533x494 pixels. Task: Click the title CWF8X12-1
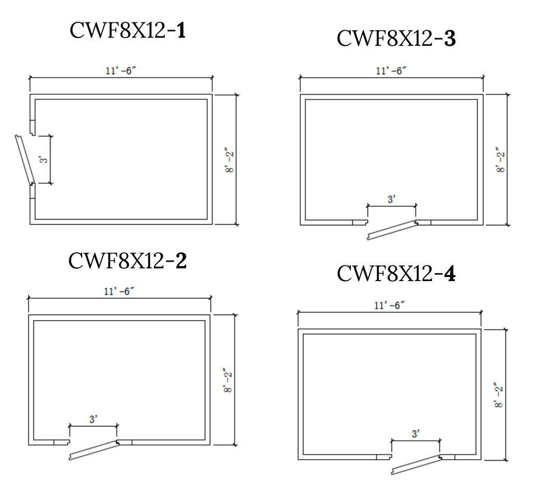pos(128,30)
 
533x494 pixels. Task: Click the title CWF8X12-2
pos(128,261)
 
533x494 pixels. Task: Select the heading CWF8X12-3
pos(396,38)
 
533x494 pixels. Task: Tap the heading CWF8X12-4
pos(396,273)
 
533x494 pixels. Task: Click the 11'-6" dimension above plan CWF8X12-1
pos(121,71)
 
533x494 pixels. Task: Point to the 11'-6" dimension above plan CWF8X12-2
pos(119,292)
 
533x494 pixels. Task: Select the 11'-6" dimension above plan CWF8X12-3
pos(391,71)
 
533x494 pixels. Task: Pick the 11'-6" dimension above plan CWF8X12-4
pos(389,306)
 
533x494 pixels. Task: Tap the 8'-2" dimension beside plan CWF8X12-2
pos(228,381)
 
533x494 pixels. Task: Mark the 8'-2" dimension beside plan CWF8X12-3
pos(500,160)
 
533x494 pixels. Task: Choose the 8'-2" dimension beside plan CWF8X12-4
pos(499,396)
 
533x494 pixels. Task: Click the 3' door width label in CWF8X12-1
pos(44,159)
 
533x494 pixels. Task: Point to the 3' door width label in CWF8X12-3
pos(391,199)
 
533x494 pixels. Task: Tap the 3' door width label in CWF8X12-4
pos(415,434)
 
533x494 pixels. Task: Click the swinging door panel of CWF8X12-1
pos(25,160)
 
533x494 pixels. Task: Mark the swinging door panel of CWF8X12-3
pos(392,230)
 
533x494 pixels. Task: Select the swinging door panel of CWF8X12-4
pos(417,464)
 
